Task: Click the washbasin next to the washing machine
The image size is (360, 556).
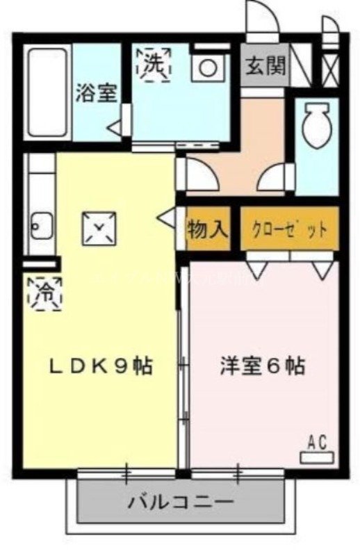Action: click(206, 67)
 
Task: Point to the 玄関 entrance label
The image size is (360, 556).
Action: click(265, 66)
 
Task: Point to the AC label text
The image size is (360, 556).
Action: click(317, 441)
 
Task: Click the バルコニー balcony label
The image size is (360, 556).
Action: click(180, 500)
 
